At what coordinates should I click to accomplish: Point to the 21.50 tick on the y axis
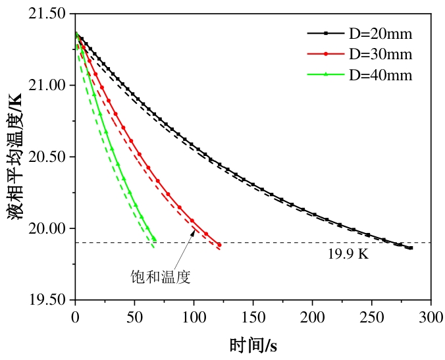click(49, 14)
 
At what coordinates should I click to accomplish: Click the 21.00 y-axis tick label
click(49, 86)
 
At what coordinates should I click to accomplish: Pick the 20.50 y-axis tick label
click(49, 157)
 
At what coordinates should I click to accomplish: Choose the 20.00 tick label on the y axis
click(49, 229)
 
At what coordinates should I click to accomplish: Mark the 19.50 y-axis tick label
click(49, 300)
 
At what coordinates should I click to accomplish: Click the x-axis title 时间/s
click(253, 344)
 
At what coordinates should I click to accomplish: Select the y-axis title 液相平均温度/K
click(16, 157)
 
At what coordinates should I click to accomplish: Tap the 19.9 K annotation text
click(348, 254)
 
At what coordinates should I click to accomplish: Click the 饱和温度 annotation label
click(161, 277)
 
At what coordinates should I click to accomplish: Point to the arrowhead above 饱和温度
click(194, 232)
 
